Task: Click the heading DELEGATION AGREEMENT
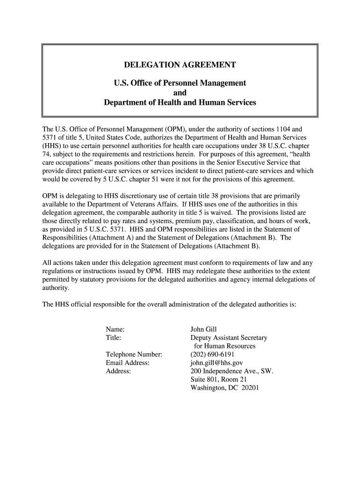pos(180,65)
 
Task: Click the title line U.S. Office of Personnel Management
pos(180,83)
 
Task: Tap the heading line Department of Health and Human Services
pos(180,102)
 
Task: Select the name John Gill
pos(204,329)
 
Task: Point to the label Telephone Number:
pos(134,354)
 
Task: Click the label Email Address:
pos(128,363)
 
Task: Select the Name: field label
pos(115,329)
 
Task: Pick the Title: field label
pos(114,337)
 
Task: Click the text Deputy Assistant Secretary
pos(229,337)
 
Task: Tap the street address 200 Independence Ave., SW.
pos(231,371)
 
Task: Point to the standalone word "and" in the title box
pos(180,93)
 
